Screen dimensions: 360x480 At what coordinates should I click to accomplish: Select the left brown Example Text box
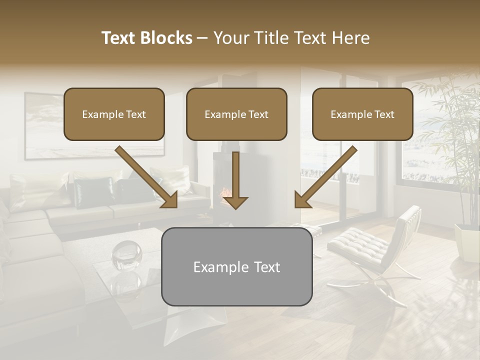114,114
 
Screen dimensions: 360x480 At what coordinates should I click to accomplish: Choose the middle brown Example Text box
236,114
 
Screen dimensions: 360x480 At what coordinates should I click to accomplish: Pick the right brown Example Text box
362,114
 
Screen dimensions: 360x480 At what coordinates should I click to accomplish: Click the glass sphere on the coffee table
126,255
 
